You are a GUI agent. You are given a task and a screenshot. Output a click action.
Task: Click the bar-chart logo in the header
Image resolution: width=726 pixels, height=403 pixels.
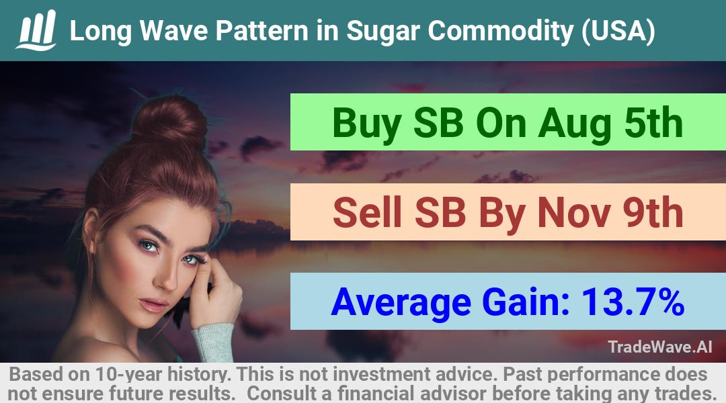(x=36, y=30)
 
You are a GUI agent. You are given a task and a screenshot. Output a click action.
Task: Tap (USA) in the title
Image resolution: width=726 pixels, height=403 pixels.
(x=618, y=31)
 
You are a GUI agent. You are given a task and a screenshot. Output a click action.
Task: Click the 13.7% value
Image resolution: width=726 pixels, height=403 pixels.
(x=633, y=302)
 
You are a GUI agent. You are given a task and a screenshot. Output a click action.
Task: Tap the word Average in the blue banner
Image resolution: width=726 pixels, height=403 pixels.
(x=401, y=302)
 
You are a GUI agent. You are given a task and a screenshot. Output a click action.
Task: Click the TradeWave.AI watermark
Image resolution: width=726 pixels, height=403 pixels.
(x=660, y=347)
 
